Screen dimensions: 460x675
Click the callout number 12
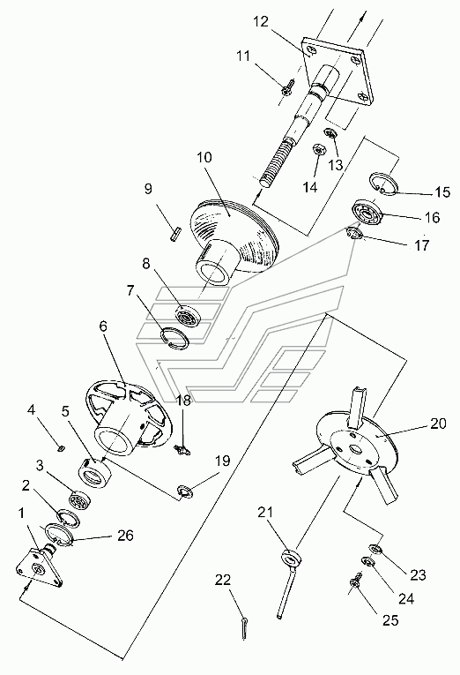[x=261, y=21]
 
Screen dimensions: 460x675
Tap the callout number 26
[x=125, y=536]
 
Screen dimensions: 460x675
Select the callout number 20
[x=438, y=424]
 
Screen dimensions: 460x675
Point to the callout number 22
[x=223, y=580]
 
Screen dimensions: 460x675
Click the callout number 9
[x=148, y=189]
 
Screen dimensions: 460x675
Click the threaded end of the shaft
[x=269, y=165]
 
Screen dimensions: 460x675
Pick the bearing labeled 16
[x=367, y=212]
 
